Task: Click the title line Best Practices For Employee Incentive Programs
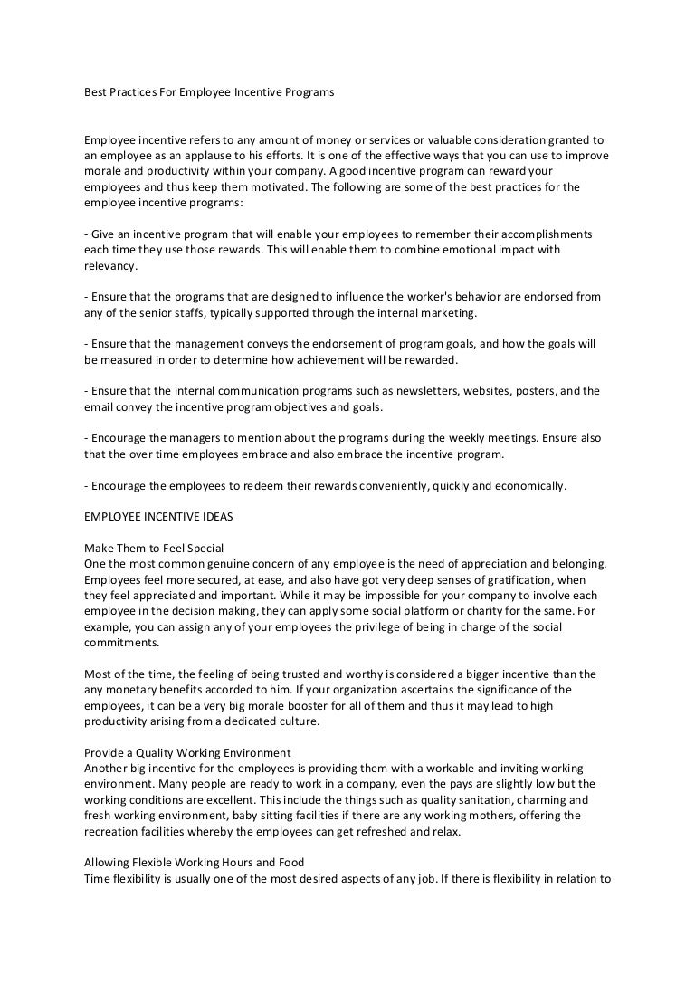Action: [209, 91]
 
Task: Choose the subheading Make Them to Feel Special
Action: [154, 549]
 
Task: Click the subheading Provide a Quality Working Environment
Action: [187, 752]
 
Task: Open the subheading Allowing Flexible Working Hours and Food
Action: [194, 862]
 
